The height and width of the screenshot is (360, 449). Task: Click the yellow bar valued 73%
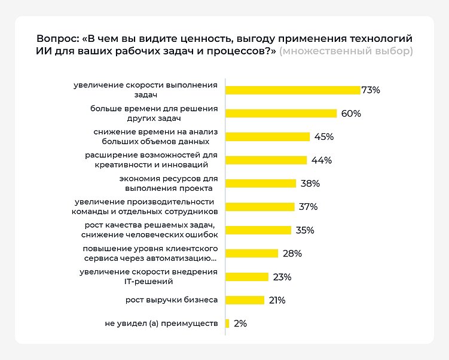pyautogui.click(x=292, y=90)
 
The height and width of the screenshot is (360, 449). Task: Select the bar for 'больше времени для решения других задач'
pyautogui.click(x=281, y=114)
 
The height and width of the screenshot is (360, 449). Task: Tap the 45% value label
pyautogui.click(x=323, y=137)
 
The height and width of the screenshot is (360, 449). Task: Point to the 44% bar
pyautogui.click(x=266, y=160)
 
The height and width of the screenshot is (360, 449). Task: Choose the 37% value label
pyautogui.click(x=308, y=207)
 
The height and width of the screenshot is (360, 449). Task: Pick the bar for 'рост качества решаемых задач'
pyautogui.click(x=258, y=230)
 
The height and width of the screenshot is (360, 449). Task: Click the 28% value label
pyautogui.click(x=292, y=254)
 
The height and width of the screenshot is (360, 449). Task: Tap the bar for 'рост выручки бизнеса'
pyautogui.click(x=245, y=300)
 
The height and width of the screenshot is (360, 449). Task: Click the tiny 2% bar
pyautogui.click(x=227, y=324)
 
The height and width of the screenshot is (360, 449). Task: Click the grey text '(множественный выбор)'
pyautogui.click(x=346, y=51)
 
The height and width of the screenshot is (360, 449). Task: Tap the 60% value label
pyautogui.click(x=351, y=114)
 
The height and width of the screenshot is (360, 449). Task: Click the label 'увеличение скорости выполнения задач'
pyautogui.click(x=145, y=90)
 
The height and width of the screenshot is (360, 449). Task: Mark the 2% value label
pyautogui.click(x=240, y=324)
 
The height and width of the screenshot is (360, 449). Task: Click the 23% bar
pyautogui.click(x=247, y=277)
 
